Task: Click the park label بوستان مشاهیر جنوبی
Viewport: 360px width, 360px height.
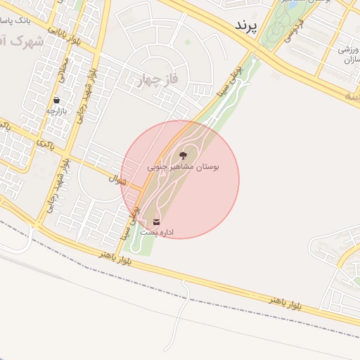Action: [184, 167]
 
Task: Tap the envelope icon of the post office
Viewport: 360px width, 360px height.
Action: [156, 222]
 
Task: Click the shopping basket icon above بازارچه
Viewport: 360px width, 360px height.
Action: [56, 101]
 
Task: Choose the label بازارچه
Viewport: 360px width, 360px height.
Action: [56, 110]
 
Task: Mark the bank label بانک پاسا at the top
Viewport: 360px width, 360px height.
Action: [29, 17]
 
